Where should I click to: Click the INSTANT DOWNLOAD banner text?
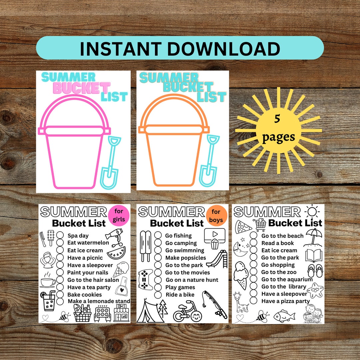[x=180, y=49]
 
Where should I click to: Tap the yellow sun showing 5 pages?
[x=278, y=130]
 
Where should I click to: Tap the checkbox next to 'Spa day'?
[x=60, y=236]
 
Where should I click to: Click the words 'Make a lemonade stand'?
[x=99, y=301]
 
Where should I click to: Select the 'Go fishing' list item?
[x=178, y=236]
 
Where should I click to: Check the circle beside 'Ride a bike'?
[x=158, y=295]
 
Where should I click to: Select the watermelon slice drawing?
[x=116, y=253]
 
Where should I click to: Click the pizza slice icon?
[x=243, y=227]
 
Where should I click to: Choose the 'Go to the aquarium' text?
[x=287, y=279]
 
